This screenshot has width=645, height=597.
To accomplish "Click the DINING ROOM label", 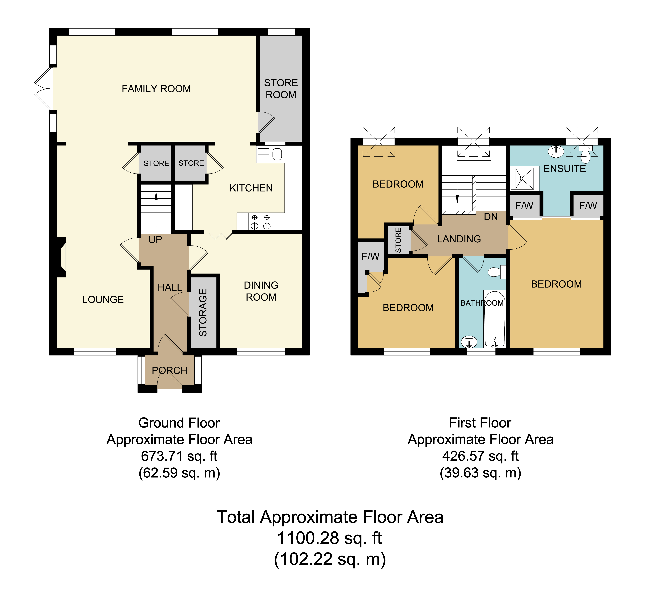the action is click(x=261, y=291).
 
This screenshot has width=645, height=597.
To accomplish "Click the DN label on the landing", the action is click(x=491, y=217).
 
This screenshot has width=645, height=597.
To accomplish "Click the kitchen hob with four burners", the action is click(x=260, y=222).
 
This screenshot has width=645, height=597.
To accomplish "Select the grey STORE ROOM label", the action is click(x=281, y=89).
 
